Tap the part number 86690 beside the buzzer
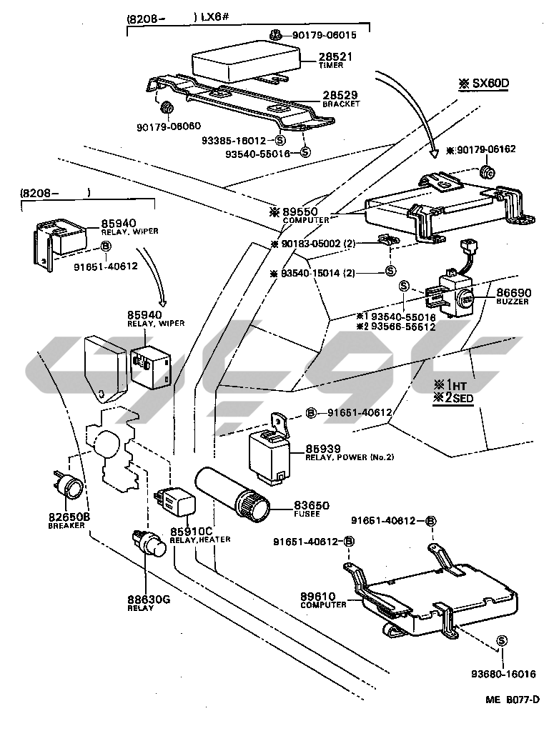(511, 293)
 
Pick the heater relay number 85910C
(192, 530)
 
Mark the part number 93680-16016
(503, 673)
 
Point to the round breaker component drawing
(71, 488)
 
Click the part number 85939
(324, 448)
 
